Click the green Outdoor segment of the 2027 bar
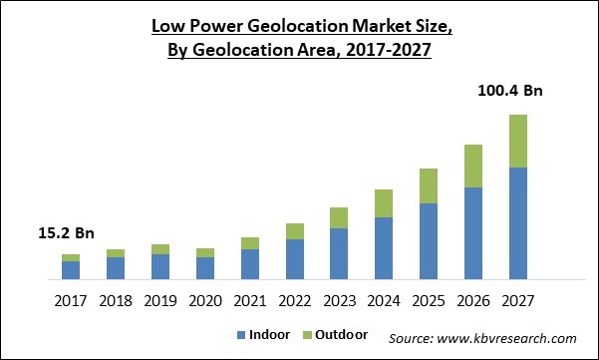click(517, 141)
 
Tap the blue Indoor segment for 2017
click(70, 269)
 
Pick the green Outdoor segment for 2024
click(383, 203)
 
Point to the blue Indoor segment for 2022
click(294, 258)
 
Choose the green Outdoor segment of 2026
click(472, 166)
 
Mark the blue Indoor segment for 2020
click(204, 267)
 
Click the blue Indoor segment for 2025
click(428, 240)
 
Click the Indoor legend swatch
click(240, 336)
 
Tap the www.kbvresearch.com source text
click(511, 337)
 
